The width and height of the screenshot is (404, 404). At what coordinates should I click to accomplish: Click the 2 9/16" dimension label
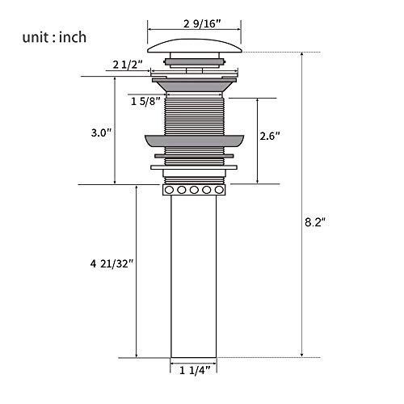[202, 24]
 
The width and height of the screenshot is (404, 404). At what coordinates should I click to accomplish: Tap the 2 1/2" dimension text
[128, 65]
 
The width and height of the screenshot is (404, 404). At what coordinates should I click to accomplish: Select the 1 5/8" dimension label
[145, 102]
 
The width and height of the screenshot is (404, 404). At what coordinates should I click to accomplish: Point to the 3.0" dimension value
[101, 133]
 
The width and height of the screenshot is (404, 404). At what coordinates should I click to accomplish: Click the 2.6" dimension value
[270, 136]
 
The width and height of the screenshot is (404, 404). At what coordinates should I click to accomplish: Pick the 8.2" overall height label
[315, 222]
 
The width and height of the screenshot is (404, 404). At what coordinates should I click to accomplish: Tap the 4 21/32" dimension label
[112, 263]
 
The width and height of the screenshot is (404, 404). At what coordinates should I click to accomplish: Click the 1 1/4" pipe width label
[195, 371]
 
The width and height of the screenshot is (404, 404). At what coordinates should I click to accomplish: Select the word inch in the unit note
[73, 37]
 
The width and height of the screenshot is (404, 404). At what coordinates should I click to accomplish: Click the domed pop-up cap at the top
[195, 46]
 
